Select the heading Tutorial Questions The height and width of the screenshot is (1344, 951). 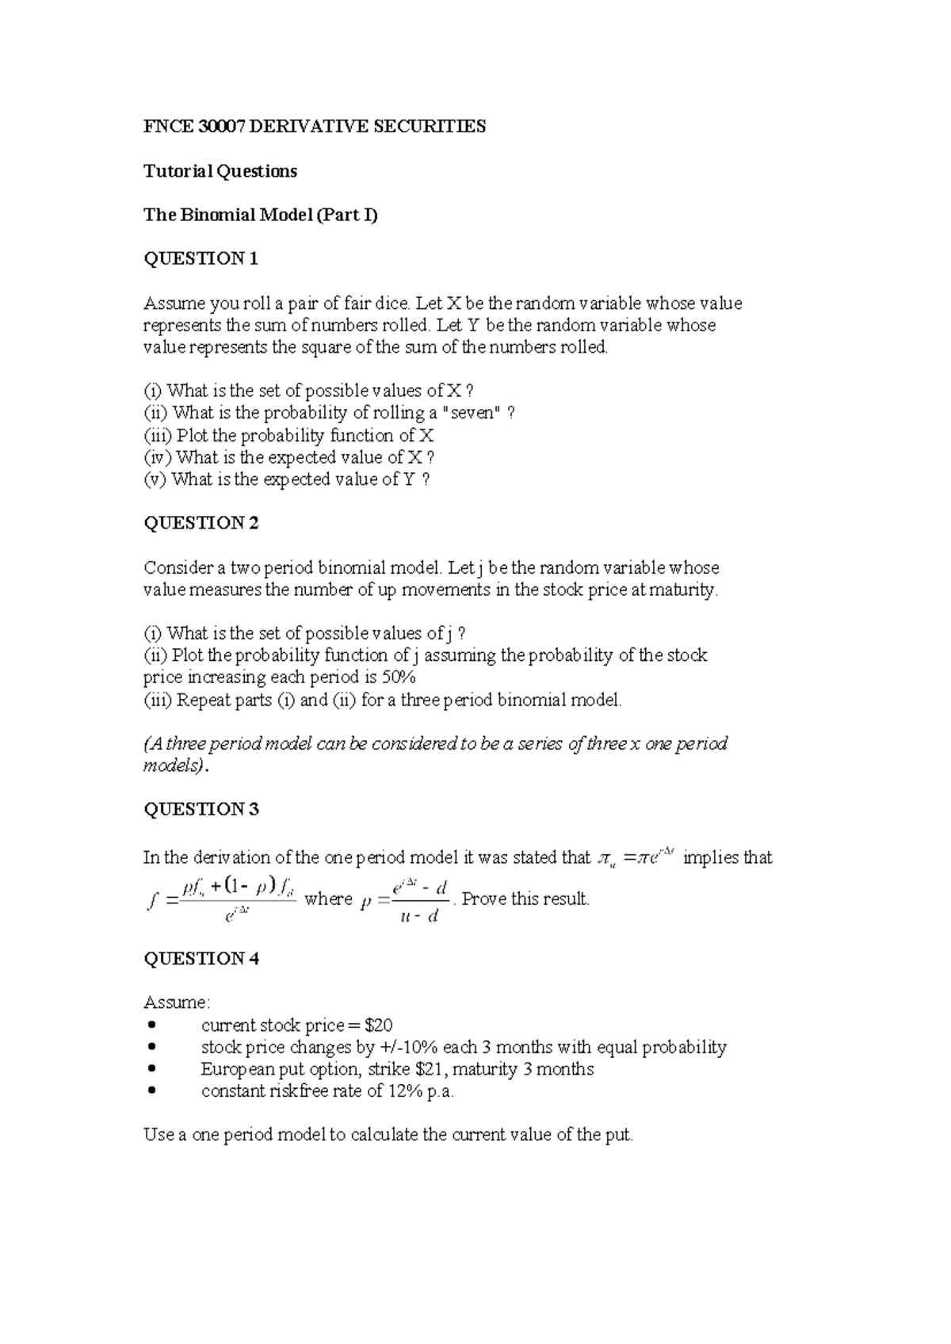220,171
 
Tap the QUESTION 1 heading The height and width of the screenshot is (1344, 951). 201,259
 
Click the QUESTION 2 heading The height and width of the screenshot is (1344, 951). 201,523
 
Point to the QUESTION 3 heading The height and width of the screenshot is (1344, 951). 201,809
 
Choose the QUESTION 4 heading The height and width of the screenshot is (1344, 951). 201,959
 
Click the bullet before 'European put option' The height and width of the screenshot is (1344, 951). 153,1070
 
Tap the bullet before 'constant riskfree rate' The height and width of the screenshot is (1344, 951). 153,1092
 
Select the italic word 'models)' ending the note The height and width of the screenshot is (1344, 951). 175,766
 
